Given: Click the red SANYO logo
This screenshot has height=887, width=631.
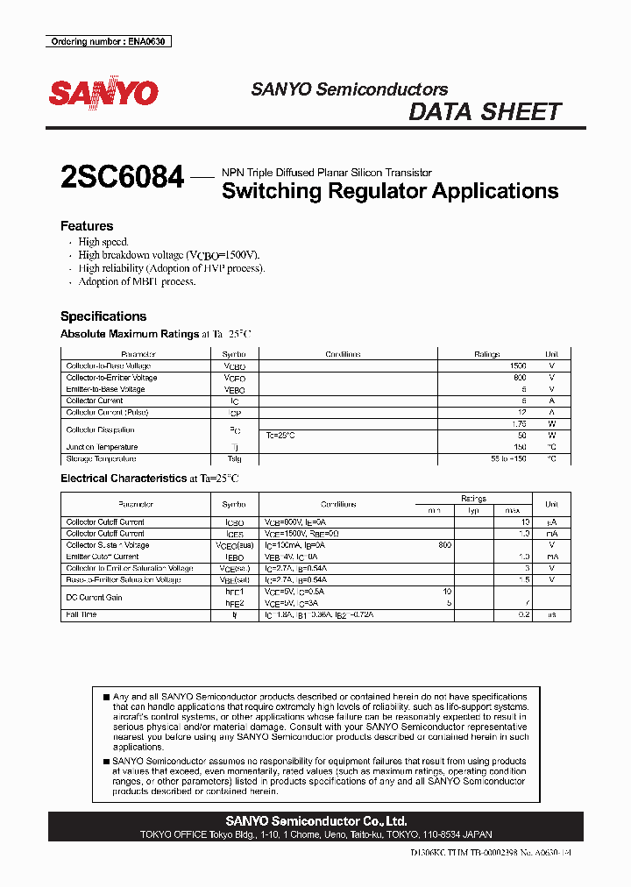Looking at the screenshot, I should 103,94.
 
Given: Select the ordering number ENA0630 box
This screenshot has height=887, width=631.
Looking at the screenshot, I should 108,41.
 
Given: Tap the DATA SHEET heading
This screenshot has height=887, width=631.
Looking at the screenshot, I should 485,112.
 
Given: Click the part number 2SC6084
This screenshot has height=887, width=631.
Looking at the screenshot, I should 122,178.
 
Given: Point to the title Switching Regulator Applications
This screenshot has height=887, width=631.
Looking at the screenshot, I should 390,191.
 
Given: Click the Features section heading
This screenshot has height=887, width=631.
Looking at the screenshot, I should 86,226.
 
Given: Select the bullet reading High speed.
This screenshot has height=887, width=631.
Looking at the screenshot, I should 103,242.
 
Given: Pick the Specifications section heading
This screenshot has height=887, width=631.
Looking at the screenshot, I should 103,316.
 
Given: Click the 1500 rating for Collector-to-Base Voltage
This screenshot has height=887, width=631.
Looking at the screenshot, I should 517,366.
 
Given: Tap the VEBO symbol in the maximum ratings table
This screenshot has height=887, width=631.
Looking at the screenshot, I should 234,389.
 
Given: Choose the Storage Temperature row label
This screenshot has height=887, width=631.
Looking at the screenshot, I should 101,458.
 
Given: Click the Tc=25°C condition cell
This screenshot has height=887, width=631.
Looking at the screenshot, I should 281,436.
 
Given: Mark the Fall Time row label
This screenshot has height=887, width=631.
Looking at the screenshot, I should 82,614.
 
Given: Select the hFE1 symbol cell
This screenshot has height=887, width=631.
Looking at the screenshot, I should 234,592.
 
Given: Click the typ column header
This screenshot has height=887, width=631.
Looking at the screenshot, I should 473,510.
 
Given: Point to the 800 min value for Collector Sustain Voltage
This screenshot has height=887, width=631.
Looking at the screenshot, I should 444,545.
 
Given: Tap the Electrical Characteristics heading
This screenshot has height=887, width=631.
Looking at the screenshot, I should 123,479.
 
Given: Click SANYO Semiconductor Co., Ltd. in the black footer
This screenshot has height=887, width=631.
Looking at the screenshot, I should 315,821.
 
